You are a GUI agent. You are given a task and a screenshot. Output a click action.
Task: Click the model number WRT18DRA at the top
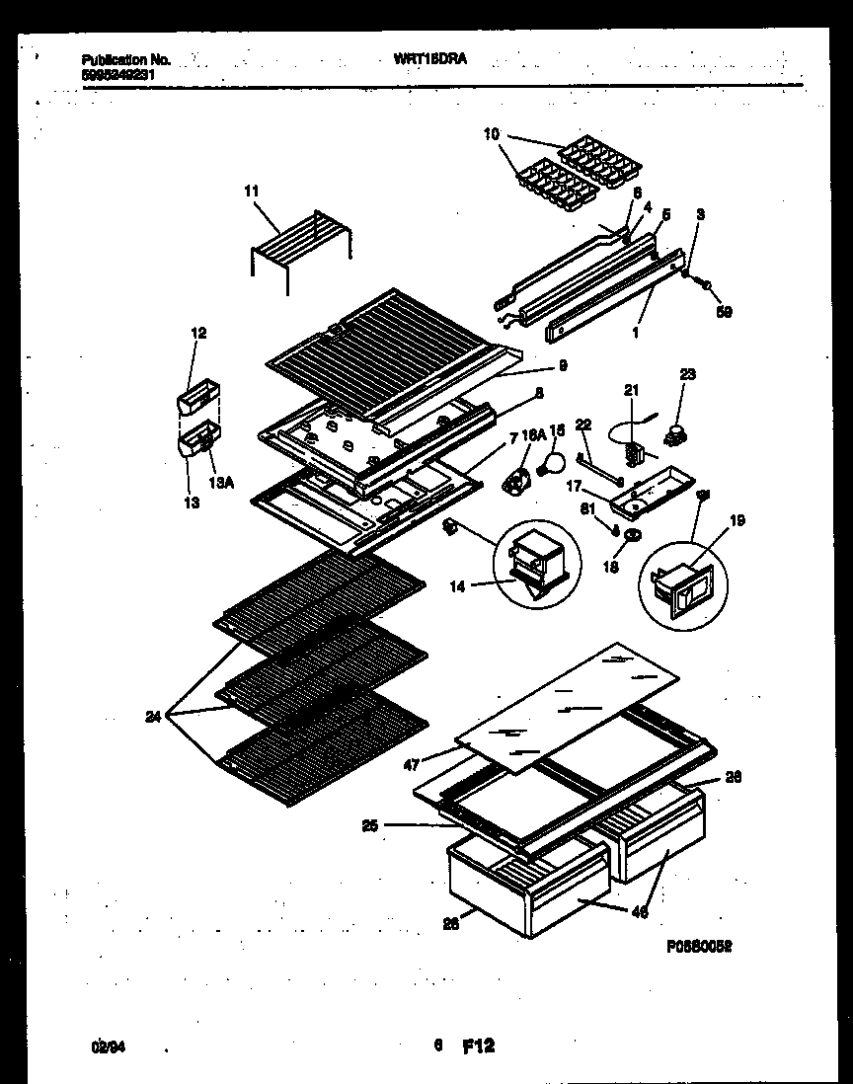(x=429, y=59)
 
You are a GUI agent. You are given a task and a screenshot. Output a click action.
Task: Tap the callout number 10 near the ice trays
(x=492, y=133)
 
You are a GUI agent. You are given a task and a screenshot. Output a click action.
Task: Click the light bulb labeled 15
(x=555, y=459)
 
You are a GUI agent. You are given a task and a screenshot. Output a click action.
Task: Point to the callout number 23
(x=687, y=374)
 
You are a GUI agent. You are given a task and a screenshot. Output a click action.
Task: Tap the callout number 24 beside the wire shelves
(x=152, y=718)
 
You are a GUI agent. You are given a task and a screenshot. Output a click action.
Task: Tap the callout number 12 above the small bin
(x=198, y=334)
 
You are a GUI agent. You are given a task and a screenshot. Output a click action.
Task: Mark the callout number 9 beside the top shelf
(x=562, y=365)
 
